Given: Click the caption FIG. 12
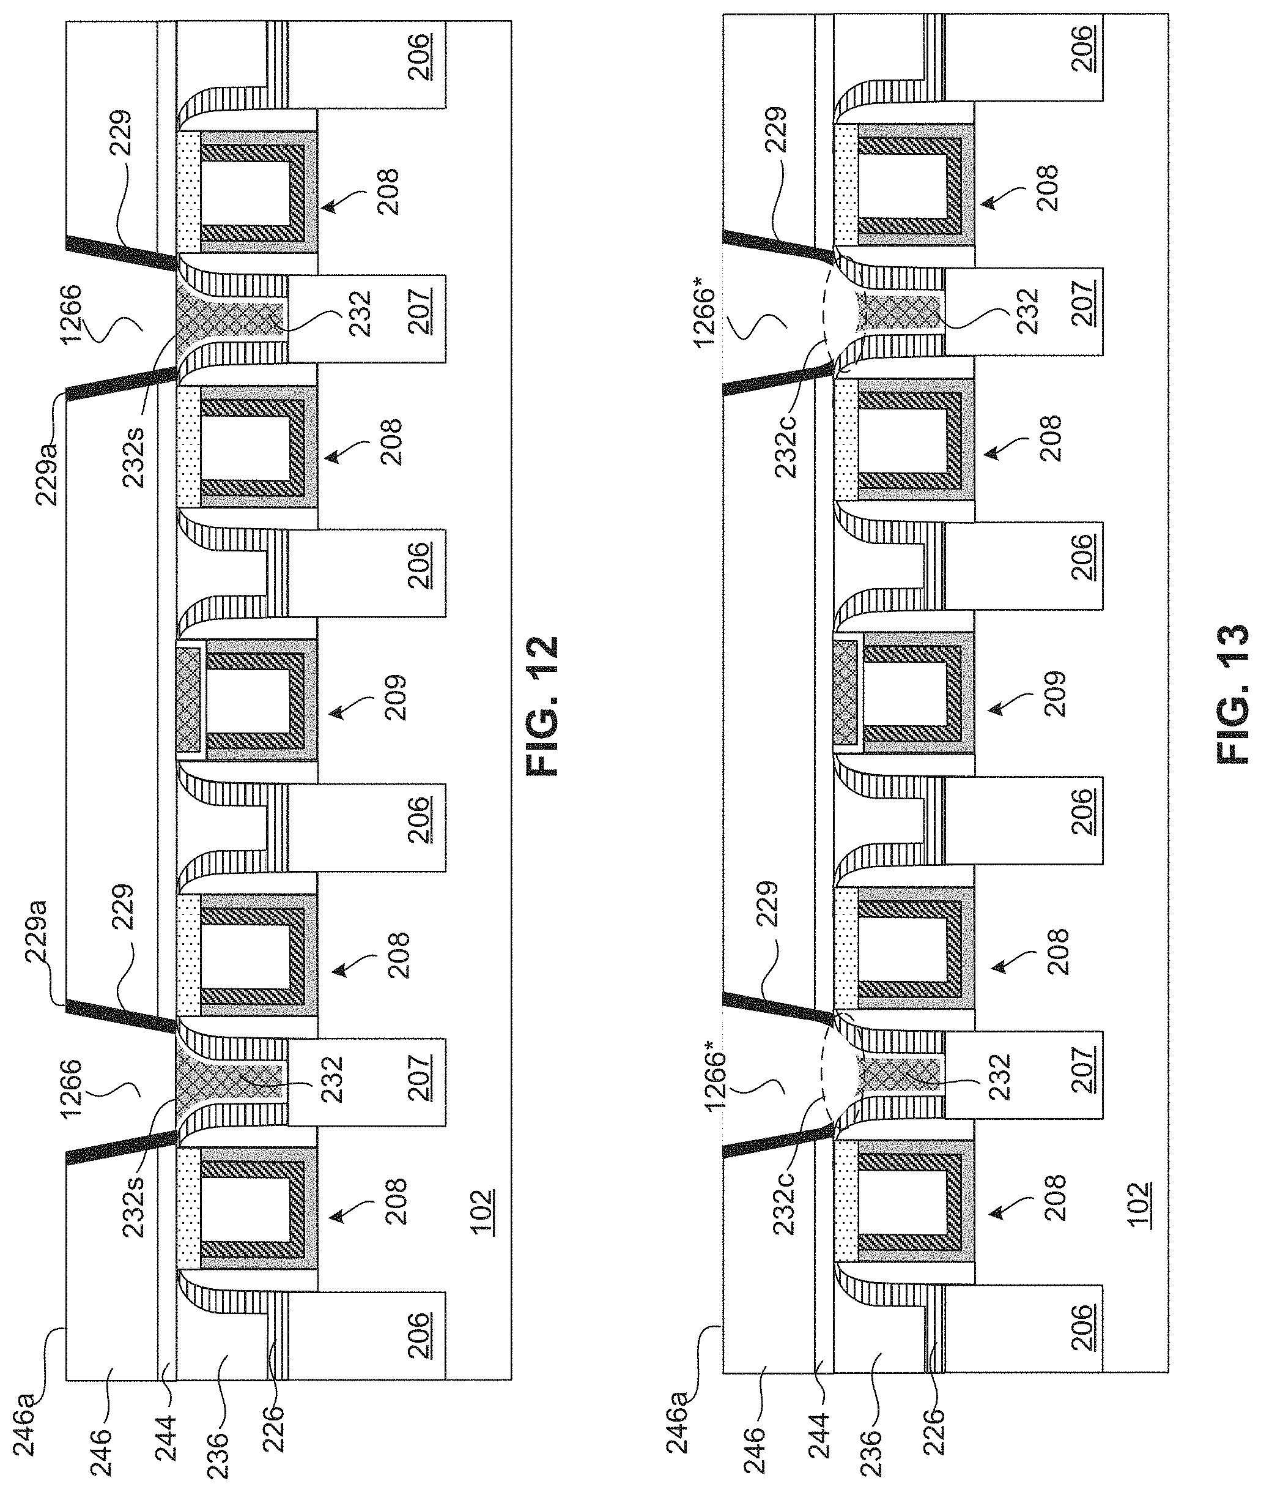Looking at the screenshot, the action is (542, 707).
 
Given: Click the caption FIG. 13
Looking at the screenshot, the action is (1232, 692).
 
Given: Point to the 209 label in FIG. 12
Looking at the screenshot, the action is (394, 696).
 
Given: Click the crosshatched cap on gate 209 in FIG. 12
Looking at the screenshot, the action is (188, 699).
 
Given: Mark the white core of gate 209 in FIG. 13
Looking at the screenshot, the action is (906, 692).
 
